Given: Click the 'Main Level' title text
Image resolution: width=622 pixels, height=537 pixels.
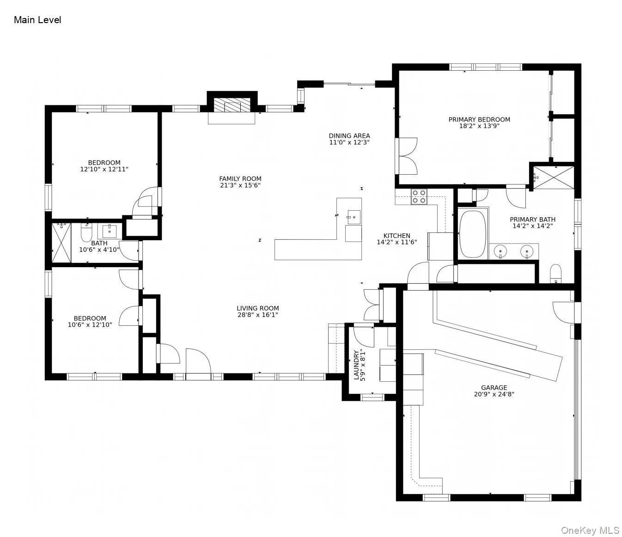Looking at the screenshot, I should (37, 20).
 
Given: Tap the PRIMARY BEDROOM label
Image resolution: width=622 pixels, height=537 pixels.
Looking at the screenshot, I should (479, 119).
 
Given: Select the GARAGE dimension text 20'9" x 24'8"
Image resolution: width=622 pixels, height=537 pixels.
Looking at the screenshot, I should (494, 394).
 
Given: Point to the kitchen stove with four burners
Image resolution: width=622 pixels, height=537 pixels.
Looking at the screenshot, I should (419, 197).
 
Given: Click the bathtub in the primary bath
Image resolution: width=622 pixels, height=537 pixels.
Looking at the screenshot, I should (472, 235).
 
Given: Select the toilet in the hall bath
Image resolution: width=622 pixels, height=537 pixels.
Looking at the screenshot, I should (86, 232).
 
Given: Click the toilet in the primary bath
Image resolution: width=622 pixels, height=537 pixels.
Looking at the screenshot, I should (555, 274).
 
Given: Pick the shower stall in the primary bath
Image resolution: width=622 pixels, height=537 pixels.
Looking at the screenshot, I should (553, 177).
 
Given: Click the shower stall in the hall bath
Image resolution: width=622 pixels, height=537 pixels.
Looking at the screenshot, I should (61, 243).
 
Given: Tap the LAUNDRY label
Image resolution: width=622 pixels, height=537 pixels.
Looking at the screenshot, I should (356, 365).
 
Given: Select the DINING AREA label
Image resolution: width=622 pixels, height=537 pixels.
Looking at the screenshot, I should (349, 135).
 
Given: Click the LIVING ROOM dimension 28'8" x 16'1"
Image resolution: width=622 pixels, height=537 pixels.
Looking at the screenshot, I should (257, 315).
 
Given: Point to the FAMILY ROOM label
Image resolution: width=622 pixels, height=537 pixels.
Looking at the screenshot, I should (240, 178).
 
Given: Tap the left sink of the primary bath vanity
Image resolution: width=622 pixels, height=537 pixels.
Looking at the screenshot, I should (500, 251).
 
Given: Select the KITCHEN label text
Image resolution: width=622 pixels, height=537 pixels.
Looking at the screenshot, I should (396, 235).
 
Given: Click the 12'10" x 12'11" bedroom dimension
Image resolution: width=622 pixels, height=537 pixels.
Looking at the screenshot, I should (104, 169).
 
